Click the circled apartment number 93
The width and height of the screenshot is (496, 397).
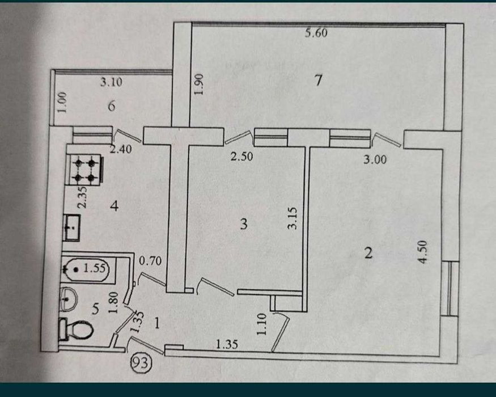(141, 362)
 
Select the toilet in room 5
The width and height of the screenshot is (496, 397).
(76, 330)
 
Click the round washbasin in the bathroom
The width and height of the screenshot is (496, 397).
(69, 298)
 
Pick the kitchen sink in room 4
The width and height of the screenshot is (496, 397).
(72, 227)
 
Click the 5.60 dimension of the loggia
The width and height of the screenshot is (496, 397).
(316, 33)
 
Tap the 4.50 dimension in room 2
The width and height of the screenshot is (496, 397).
(423, 252)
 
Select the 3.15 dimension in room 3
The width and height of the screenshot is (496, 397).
(292, 218)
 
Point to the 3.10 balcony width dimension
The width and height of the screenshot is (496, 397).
(111, 82)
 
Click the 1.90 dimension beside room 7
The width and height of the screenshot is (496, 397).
(199, 84)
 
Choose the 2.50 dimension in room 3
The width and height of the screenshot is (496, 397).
(241, 157)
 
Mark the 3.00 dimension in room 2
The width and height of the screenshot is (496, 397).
(375, 159)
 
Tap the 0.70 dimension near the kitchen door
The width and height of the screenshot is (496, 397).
(150, 261)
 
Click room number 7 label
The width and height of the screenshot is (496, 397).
(318, 80)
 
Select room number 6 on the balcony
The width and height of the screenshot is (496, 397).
(111, 106)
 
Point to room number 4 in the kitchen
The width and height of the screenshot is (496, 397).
(114, 206)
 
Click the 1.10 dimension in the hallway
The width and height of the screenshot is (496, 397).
(262, 324)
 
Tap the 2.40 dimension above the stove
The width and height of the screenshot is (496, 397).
(121, 149)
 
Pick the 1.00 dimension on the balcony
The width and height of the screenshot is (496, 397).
(62, 102)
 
